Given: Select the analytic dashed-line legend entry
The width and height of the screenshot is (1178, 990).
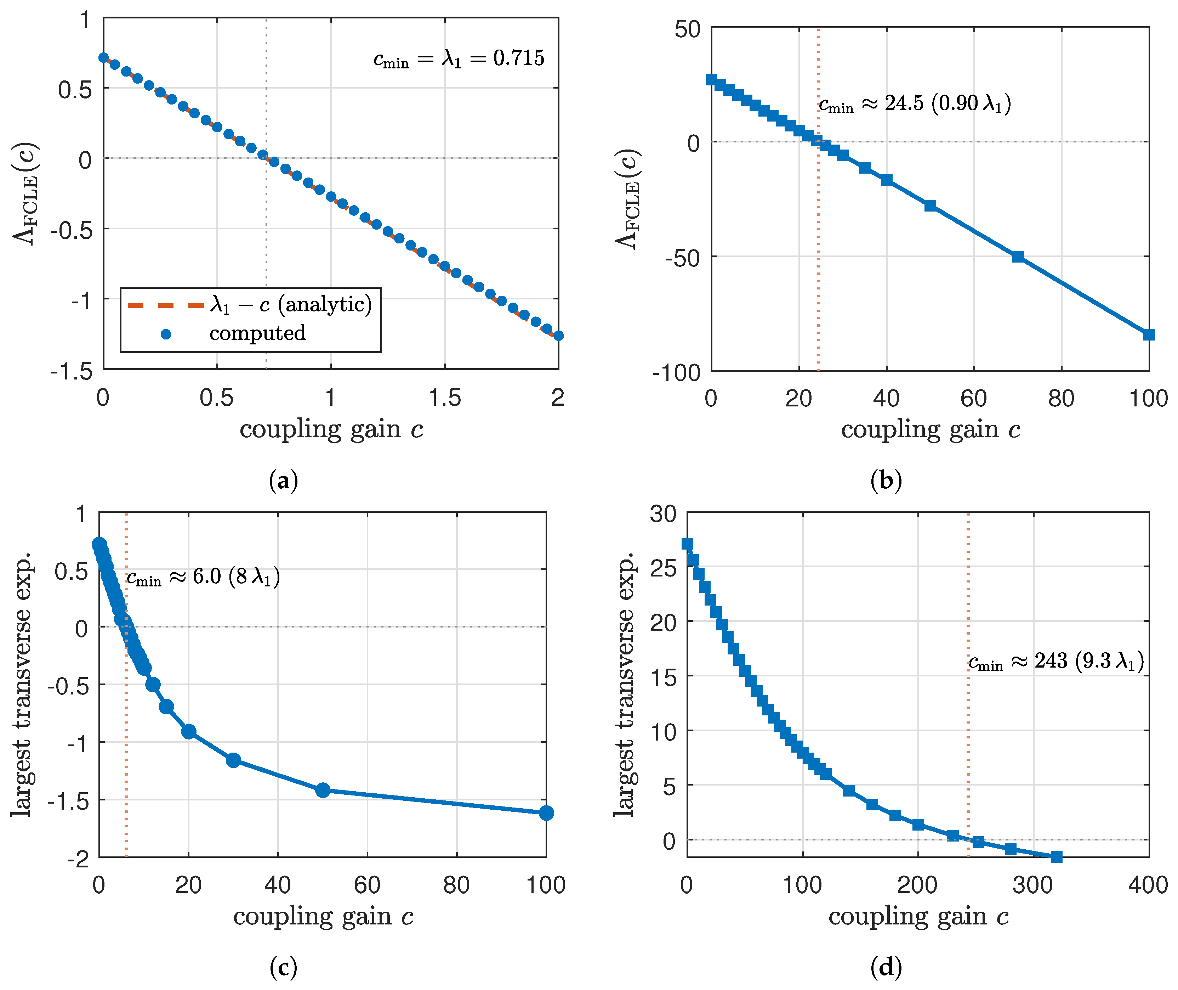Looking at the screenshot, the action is (x=250, y=305).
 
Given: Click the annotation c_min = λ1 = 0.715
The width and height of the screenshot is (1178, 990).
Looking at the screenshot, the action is (x=459, y=58).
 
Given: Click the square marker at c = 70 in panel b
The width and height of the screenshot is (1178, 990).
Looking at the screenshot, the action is (x=1018, y=257).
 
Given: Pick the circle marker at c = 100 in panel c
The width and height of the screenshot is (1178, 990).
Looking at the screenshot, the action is (x=546, y=812).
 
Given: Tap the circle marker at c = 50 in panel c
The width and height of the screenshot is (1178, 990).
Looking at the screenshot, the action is (x=323, y=790).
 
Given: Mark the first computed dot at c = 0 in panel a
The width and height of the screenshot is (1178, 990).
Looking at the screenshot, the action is (x=103, y=58).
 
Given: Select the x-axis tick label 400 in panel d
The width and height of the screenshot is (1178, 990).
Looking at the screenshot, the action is (x=1148, y=885).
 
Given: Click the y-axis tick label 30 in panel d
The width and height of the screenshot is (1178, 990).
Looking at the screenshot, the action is (x=663, y=513).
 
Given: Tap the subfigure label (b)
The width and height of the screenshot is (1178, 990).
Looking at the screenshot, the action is (x=886, y=481).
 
